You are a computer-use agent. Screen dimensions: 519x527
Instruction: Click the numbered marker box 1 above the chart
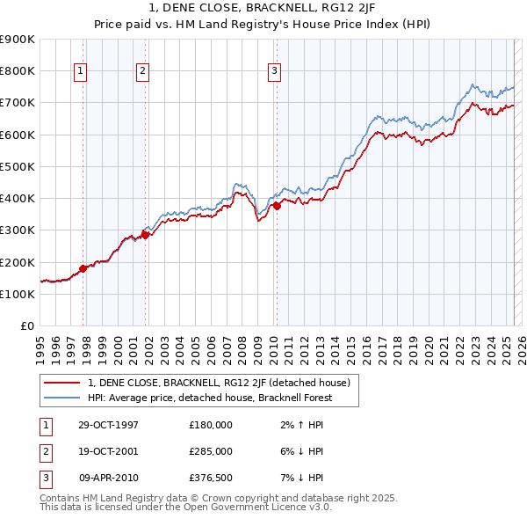pos(80,71)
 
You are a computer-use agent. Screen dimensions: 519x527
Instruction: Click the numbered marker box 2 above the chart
pos(142,71)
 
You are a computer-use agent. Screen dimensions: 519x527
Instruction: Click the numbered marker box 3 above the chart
pos(274,71)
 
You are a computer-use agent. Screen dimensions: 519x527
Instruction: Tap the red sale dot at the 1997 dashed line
pos(83,268)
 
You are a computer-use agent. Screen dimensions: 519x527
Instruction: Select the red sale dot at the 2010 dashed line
pos(277,206)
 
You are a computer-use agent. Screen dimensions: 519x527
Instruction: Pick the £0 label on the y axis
pos(26,325)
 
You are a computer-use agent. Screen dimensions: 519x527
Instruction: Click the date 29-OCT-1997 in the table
pos(108,424)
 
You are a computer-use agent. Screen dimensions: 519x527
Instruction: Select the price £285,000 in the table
pos(210,451)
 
